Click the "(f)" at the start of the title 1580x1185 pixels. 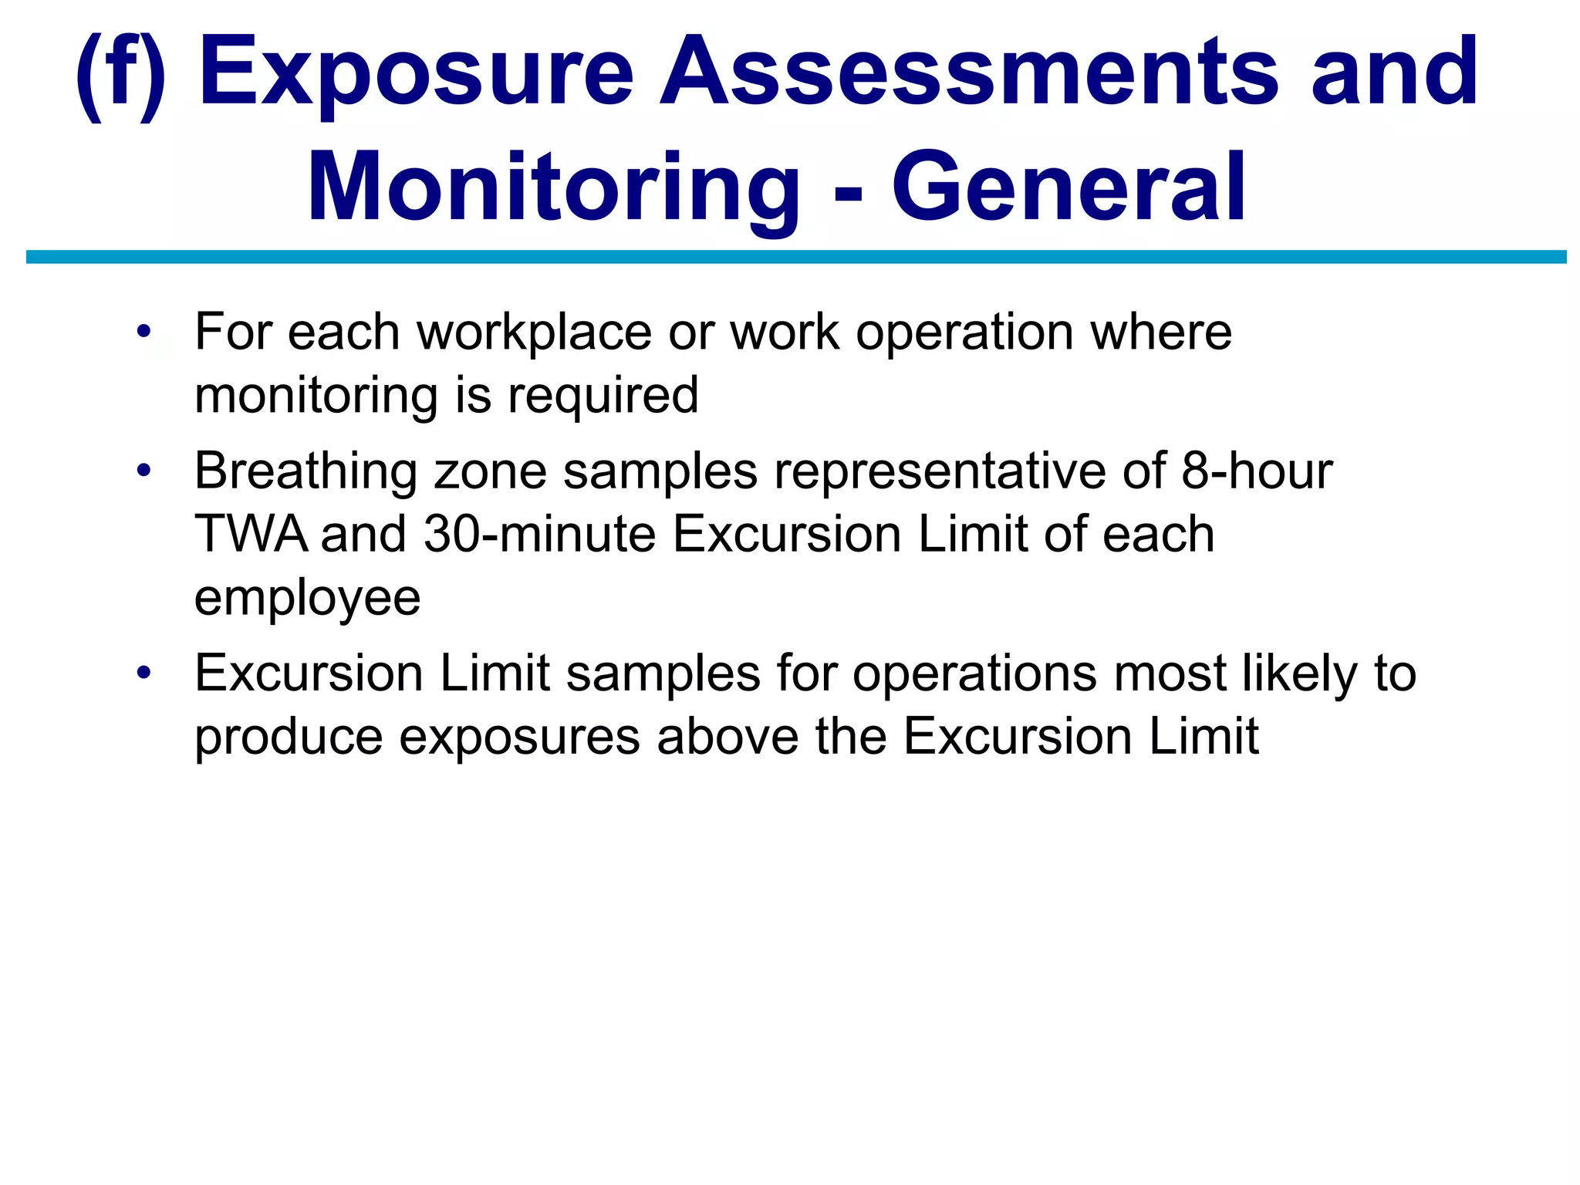pos(120,73)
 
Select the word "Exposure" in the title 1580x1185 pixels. pos(417,73)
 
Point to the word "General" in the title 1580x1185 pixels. pos(1069,189)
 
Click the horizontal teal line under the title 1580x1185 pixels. pos(795,257)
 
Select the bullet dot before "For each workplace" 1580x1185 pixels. pos(143,333)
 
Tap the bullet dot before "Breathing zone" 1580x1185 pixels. pos(143,471)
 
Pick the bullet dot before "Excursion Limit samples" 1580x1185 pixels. pos(143,674)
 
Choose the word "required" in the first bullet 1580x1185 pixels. pos(603,396)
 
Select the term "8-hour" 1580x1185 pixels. pos(1257,471)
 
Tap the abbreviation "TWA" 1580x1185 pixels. pos(251,534)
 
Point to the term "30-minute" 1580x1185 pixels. pos(539,534)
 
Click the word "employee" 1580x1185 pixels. pos(307,599)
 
